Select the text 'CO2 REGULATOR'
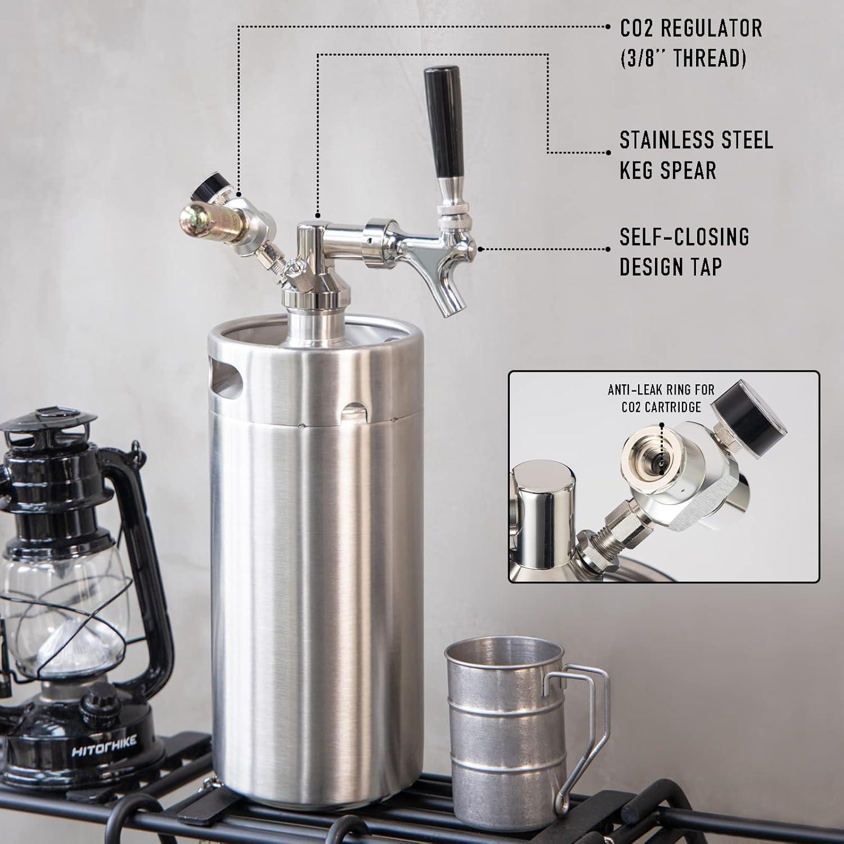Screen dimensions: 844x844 (x=691, y=28)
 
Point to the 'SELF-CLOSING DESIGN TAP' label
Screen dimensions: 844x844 (x=684, y=252)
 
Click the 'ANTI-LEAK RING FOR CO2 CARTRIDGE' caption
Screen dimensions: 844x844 (x=661, y=398)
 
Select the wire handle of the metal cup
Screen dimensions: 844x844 (x=585, y=726)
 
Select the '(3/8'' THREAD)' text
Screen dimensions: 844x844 (x=683, y=58)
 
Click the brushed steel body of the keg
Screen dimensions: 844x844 (x=315, y=563)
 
